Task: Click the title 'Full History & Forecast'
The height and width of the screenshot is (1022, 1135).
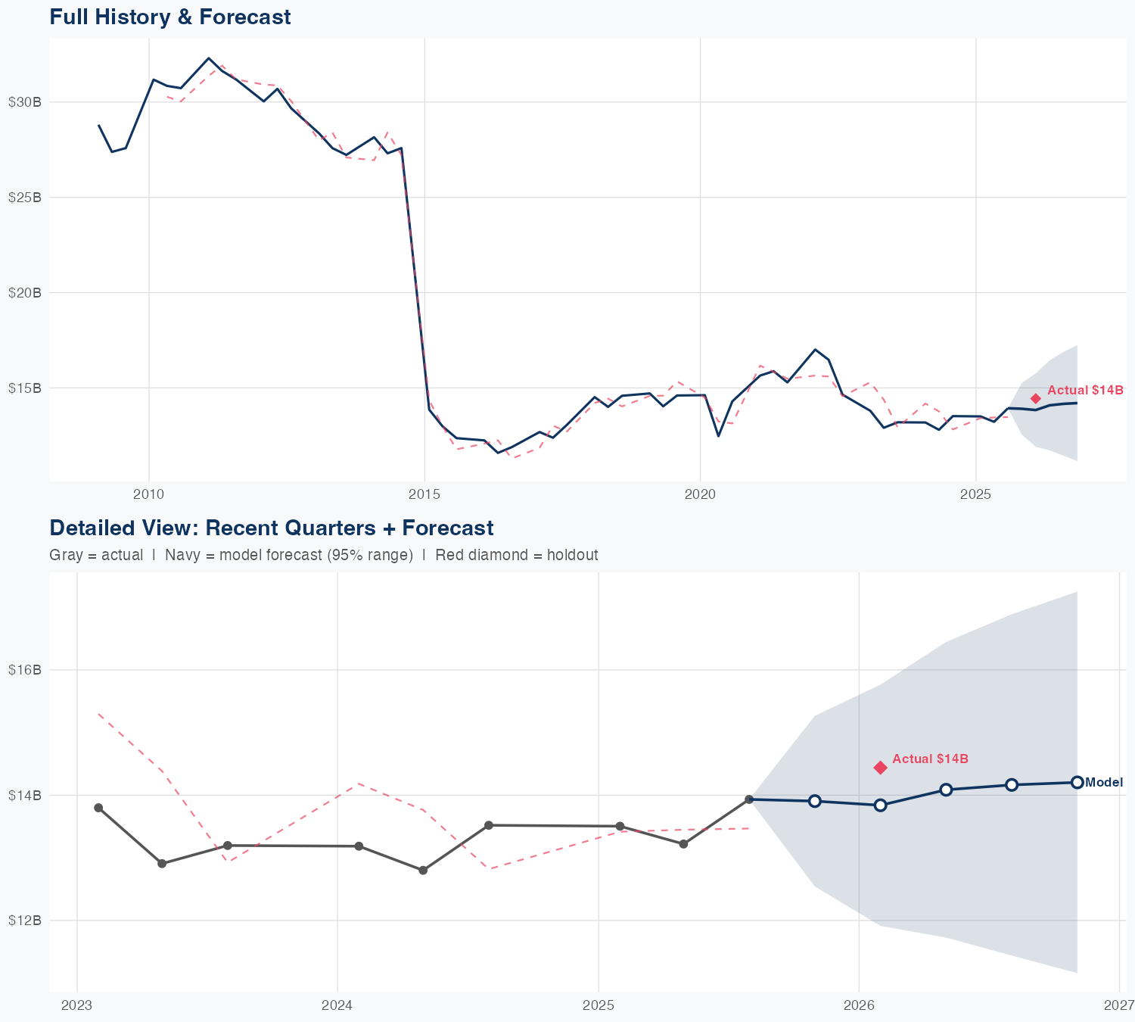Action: [x=169, y=17]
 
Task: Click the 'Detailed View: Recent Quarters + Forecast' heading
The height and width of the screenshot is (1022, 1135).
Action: [x=271, y=528]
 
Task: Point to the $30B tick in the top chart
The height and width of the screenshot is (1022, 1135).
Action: [x=24, y=102]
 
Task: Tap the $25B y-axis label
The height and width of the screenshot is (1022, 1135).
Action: [x=24, y=198]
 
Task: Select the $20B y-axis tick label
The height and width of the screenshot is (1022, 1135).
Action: [x=24, y=293]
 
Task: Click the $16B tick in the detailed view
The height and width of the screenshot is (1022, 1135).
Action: [x=24, y=670]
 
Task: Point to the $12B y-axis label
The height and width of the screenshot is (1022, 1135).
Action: [x=24, y=921]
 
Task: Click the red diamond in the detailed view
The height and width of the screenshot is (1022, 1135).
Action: [x=880, y=768]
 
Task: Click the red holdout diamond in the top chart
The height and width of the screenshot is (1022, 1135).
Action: [x=1036, y=399]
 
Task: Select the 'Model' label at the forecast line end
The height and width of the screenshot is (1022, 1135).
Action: [x=1104, y=783]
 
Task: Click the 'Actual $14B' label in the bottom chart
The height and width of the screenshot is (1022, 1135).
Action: [x=930, y=759]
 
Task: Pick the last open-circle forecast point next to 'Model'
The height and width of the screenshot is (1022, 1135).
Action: [x=1077, y=782]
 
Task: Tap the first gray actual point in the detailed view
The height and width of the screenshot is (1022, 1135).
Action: [x=98, y=808]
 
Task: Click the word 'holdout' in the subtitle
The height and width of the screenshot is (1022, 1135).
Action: [x=574, y=555]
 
